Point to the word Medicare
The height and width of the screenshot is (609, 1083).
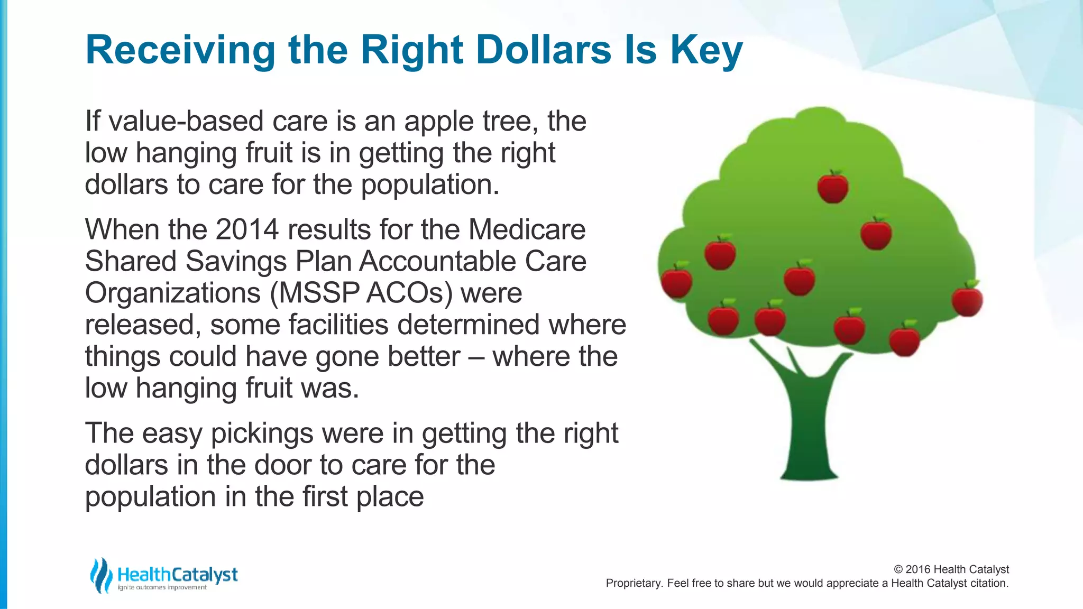[x=527, y=230]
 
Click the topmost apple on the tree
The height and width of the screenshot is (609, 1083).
[x=833, y=188]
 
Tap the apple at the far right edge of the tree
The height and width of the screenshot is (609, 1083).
[x=967, y=300]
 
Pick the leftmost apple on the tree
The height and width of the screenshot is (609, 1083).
[x=677, y=281]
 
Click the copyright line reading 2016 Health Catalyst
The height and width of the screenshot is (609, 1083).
[x=951, y=569]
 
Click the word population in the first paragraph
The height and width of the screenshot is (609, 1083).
[x=430, y=185]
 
